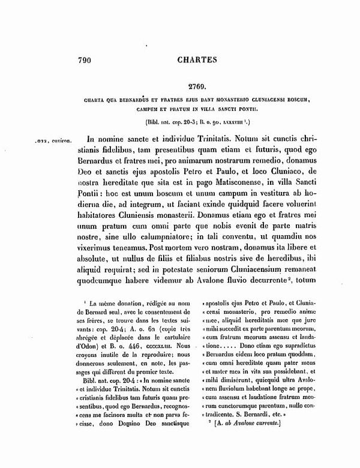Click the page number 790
(88, 60)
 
